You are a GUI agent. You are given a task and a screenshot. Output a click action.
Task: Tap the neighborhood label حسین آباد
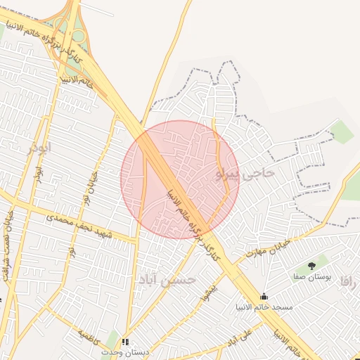167,279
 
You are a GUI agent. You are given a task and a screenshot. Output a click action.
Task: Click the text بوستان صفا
311,278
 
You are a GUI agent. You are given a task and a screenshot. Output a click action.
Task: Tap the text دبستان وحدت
125,351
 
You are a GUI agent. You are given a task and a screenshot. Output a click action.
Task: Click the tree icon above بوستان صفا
311,266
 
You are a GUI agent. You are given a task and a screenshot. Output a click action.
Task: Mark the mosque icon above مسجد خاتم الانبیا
264,296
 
